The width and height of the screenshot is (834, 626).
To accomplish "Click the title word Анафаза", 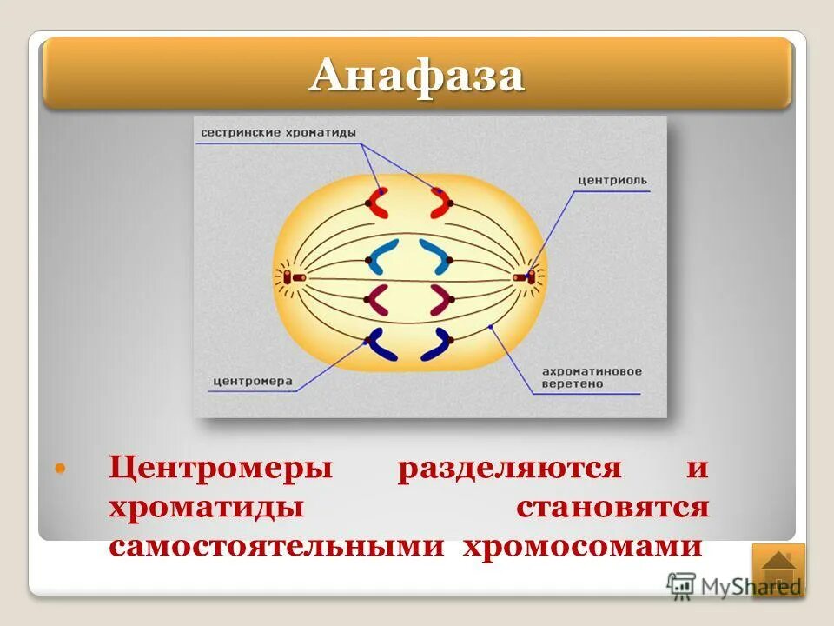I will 417,77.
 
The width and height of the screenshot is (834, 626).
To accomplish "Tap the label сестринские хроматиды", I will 278,132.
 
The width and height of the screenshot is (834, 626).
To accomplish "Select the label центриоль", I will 612,181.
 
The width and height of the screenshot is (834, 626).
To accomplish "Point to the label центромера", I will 252,381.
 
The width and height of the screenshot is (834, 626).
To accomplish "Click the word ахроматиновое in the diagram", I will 592,371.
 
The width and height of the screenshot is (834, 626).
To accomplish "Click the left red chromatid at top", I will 379,203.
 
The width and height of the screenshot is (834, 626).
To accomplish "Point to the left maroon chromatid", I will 380,300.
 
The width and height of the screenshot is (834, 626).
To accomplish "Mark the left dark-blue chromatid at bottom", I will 380,345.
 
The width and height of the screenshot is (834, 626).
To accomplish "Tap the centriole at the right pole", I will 522,277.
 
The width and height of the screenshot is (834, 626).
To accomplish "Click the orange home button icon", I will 778,569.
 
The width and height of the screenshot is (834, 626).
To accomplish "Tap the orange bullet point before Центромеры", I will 60,469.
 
